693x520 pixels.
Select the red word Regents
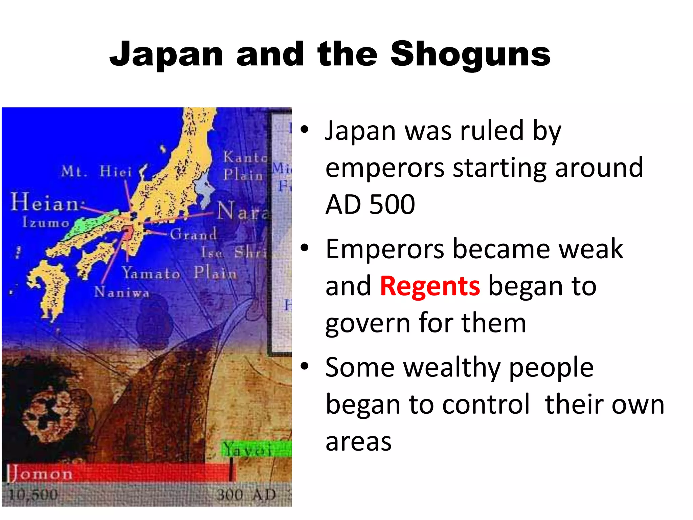[x=430, y=286]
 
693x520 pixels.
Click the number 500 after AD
[x=392, y=204]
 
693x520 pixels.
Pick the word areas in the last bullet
[x=358, y=441]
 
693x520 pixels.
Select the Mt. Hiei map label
[x=96, y=172]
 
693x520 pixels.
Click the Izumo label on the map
[x=46, y=223]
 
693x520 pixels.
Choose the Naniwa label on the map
[x=121, y=292]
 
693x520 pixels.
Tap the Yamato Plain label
[x=179, y=273]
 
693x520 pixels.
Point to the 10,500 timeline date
[x=33, y=495]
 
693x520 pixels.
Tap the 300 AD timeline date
[x=246, y=495]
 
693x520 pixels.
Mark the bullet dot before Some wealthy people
[x=305, y=366]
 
